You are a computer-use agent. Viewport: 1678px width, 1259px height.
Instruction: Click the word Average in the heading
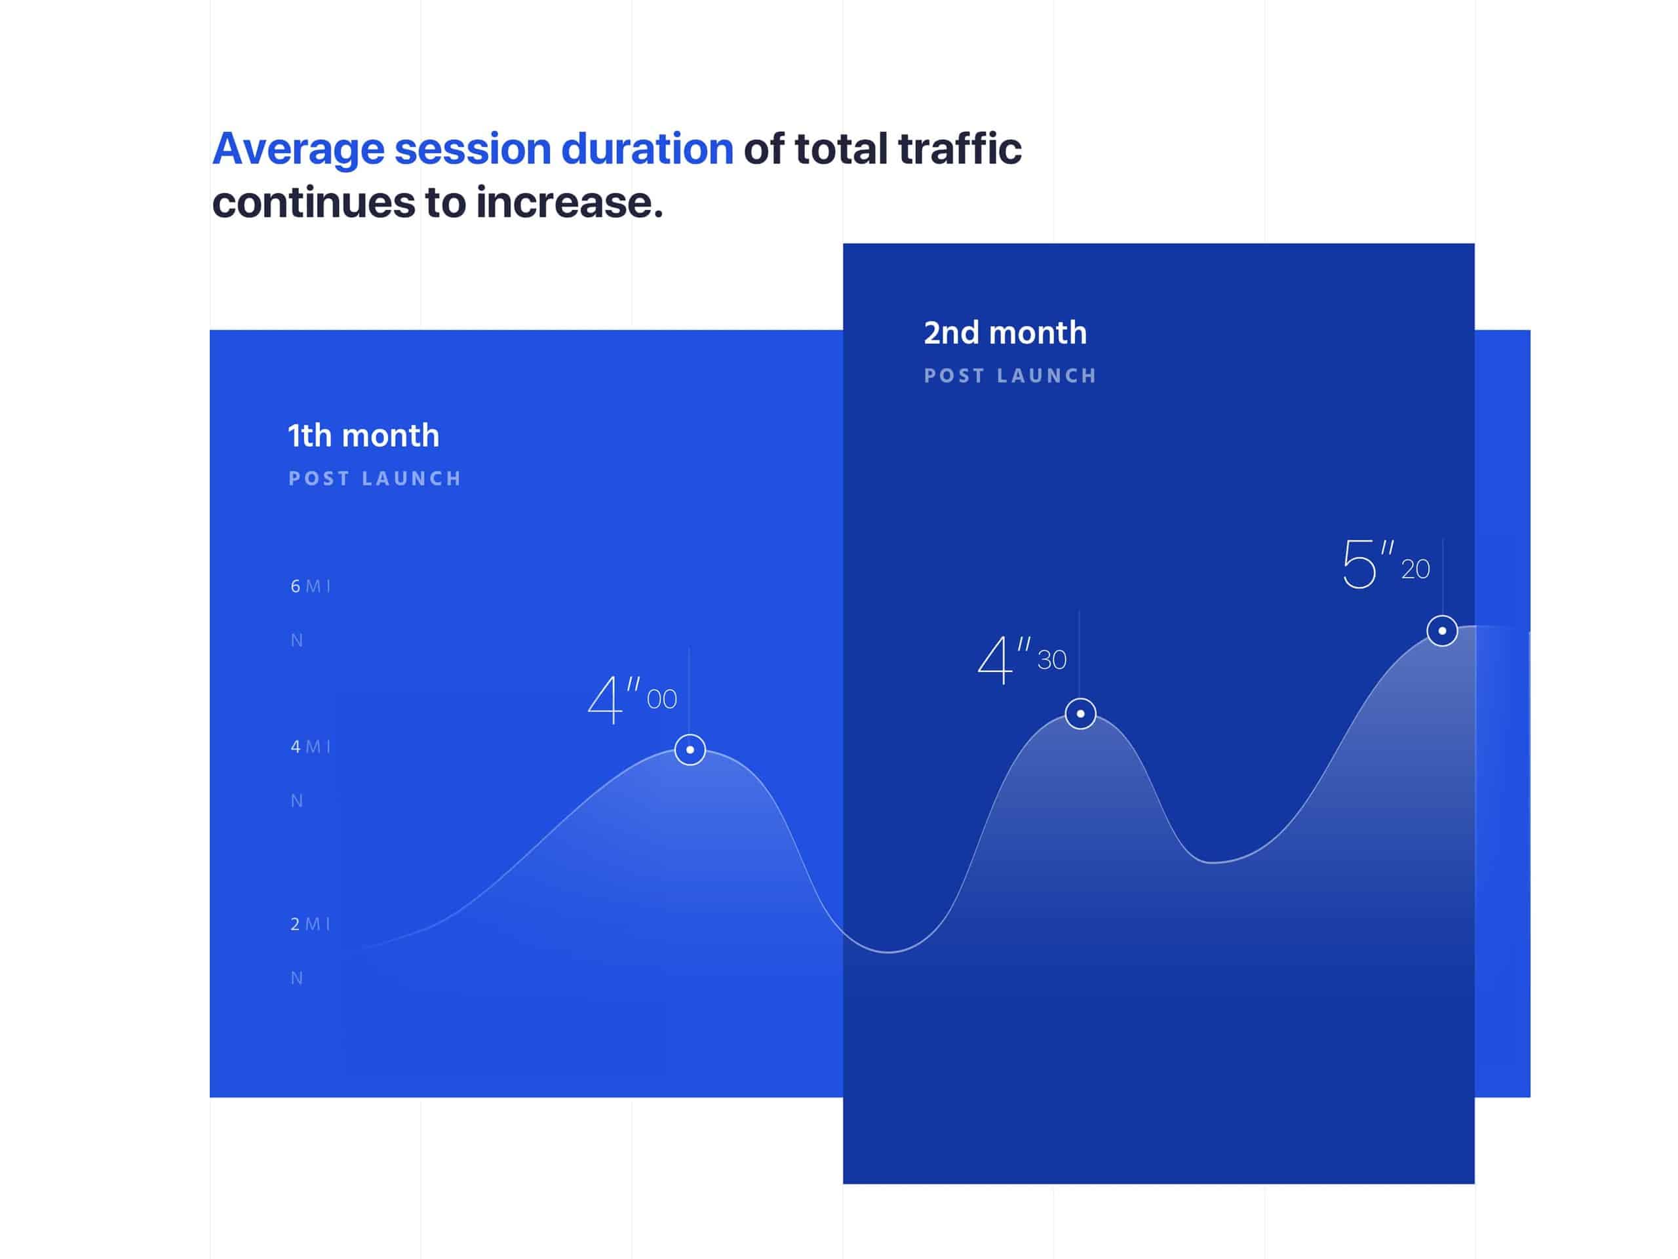[298, 150]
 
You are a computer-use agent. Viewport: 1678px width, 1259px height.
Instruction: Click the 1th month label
[363, 435]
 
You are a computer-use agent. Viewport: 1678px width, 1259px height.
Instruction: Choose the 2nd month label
[1005, 332]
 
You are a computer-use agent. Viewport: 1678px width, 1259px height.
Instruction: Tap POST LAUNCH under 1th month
[375, 479]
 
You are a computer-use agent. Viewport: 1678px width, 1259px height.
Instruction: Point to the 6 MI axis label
[310, 586]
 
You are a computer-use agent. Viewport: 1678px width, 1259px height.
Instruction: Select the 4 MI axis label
[310, 747]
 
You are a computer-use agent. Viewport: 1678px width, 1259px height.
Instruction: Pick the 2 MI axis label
[310, 923]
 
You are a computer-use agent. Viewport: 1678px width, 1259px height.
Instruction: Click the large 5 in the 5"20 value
[1359, 564]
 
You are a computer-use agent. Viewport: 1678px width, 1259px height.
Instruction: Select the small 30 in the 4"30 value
[1051, 660]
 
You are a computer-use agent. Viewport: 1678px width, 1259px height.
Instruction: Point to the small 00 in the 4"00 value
[661, 700]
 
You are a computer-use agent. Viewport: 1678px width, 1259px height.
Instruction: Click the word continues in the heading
[313, 203]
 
